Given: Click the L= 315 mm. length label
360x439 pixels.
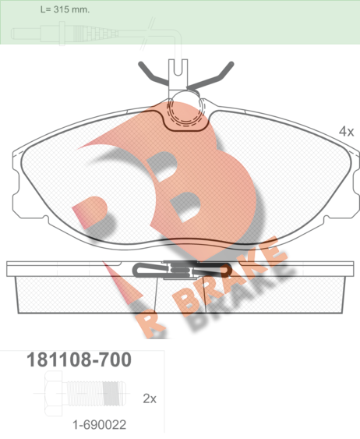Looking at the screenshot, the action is (65, 9).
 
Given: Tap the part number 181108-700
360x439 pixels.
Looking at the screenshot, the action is (79, 359).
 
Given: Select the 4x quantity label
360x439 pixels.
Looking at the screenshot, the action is (346, 131).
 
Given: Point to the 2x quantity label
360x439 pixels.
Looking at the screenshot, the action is (150, 398).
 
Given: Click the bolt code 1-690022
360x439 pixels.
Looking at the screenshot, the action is (99, 425).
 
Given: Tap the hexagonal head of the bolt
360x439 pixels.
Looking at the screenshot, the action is (54, 393).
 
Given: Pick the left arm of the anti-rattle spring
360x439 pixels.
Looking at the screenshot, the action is (154, 73).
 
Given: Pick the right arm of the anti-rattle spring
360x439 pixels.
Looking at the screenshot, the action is (211, 75).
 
